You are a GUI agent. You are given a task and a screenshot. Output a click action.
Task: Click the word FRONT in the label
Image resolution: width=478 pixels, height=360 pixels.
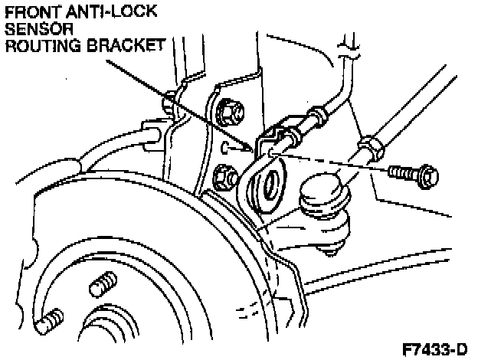pos(29,13)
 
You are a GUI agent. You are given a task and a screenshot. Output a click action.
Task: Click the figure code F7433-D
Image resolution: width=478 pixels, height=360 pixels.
pos(434,349)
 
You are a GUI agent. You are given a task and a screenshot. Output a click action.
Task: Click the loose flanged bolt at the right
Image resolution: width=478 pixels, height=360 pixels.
pos(414,175)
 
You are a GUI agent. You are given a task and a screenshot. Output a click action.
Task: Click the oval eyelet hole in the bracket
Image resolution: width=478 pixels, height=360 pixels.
pos(270,185)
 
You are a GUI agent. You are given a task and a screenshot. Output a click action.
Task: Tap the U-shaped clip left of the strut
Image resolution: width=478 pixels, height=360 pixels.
pos(152,136)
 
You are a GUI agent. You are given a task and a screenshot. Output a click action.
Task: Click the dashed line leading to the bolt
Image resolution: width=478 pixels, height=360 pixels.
pos(337,165)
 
